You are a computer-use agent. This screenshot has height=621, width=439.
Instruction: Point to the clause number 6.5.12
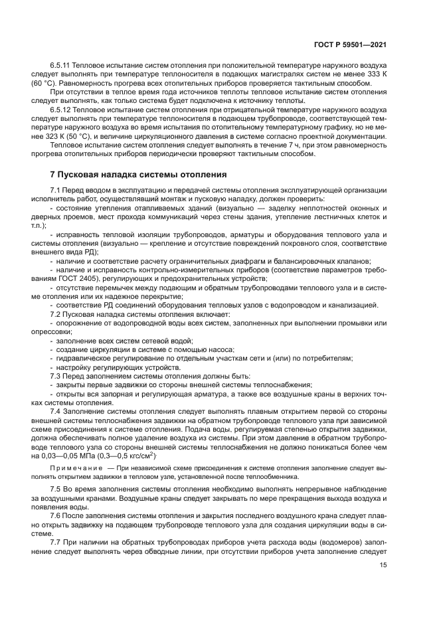(62, 109)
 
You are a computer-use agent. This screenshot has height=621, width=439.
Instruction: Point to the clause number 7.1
(56, 190)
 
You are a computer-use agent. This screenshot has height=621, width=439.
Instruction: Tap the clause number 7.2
(56, 313)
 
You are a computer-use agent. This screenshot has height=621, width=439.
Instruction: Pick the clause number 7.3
(56, 375)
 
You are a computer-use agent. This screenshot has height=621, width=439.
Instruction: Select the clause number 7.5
(56, 489)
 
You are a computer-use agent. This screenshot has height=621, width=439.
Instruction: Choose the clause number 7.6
(56, 515)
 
